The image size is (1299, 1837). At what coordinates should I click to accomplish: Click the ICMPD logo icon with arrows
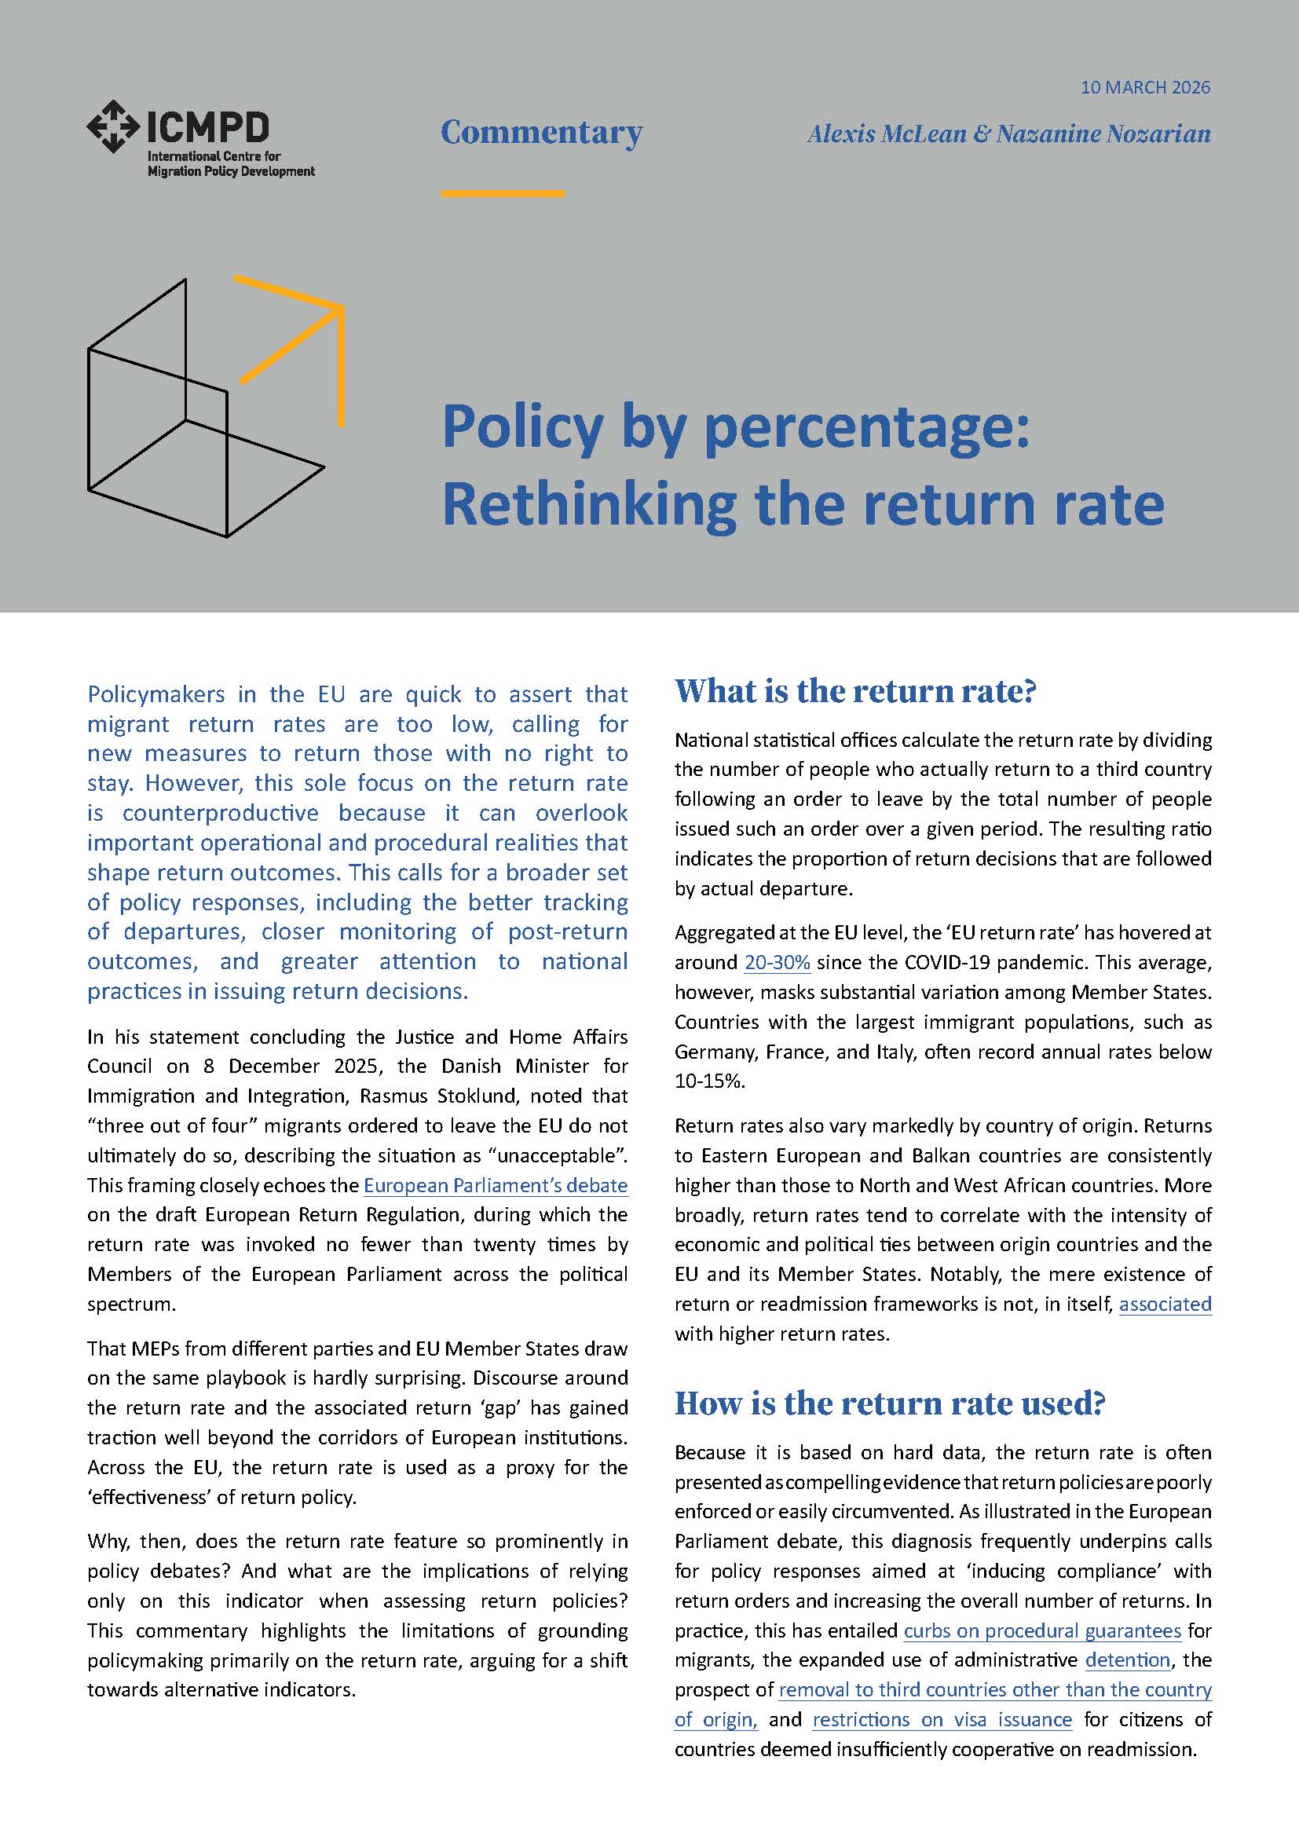(x=113, y=126)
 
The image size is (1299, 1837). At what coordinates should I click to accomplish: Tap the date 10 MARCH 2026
(x=1144, y=87)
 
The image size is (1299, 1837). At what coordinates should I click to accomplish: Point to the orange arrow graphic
(x=304, y=336)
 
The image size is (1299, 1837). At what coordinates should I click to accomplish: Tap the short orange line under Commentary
(x=503, y=193)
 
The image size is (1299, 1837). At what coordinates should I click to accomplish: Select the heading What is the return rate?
(x=855, y=690)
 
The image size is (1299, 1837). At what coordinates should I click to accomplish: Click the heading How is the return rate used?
(x=890, y=1403)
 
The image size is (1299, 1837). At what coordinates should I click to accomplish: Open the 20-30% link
(x=777, y=963)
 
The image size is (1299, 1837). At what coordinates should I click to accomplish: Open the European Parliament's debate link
(x=495, y=1185)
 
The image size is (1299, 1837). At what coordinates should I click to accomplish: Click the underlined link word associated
(x=1165, y=1305)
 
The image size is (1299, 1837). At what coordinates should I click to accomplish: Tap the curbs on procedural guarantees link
(x=1041, y=1630)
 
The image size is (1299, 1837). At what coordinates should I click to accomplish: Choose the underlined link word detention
(x=1128, y=1660)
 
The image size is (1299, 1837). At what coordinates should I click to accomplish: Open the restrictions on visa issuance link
(x=942, y=1719)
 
